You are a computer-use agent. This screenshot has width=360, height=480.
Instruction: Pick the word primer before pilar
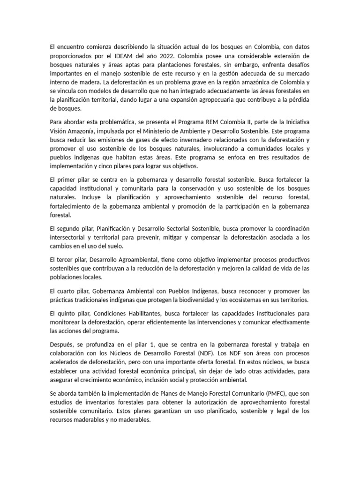pos(71,180)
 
